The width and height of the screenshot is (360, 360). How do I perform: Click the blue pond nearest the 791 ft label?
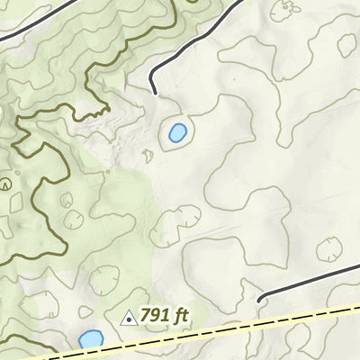89,339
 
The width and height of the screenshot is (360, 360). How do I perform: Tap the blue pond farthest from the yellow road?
177,134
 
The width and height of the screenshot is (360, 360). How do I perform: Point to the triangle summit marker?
128,318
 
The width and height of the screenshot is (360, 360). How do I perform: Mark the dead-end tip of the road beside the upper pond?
155,93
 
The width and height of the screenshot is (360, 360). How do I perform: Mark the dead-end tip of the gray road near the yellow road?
259,301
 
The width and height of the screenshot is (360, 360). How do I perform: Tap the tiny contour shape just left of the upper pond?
148,155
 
